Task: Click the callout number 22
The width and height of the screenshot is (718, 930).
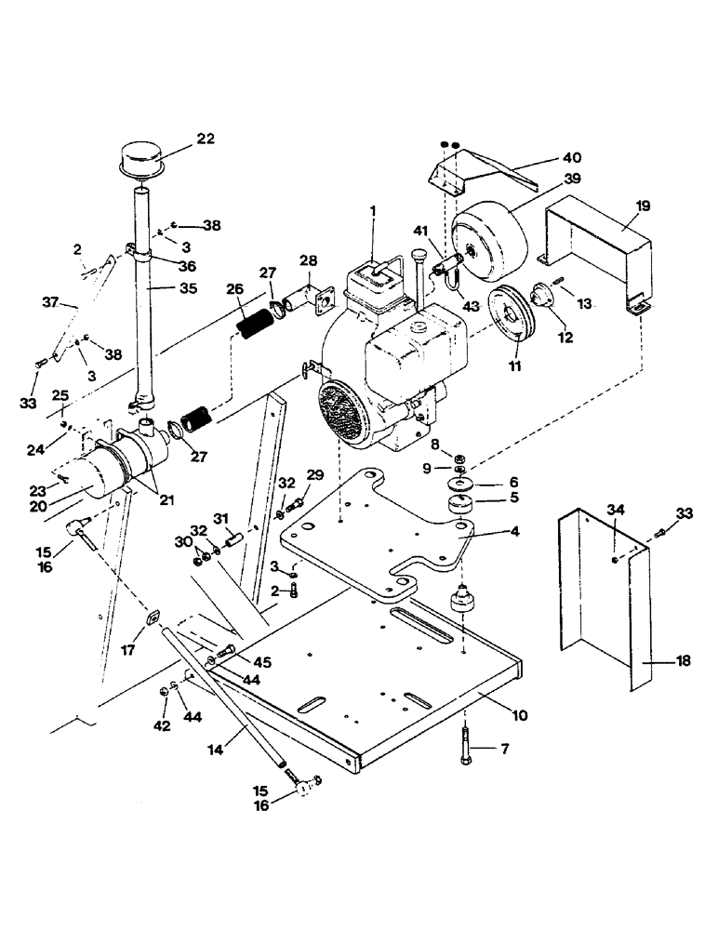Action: [206, 139]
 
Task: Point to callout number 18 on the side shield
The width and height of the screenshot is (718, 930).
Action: [684, 661]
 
